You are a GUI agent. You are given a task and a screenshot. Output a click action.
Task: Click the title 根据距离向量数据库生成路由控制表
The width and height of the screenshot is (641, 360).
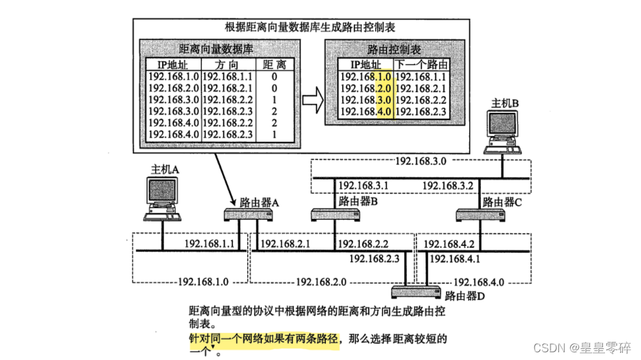[x=310, y=27]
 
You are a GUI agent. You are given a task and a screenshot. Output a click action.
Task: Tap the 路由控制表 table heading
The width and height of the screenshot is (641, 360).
[x=394, y=49]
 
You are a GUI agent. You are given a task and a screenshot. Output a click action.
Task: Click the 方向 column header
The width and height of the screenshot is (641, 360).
[x=228, y=65]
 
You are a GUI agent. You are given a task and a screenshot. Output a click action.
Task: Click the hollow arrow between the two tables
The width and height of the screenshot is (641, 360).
[x=313, y=101]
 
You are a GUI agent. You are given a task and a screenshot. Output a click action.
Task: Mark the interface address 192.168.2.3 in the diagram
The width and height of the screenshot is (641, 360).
[x=375, y=258]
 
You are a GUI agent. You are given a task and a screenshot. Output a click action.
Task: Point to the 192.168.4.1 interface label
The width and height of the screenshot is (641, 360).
[x=456, y=258]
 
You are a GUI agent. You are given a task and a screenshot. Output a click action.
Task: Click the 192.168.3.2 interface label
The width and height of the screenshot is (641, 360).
[x=448, y=186]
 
